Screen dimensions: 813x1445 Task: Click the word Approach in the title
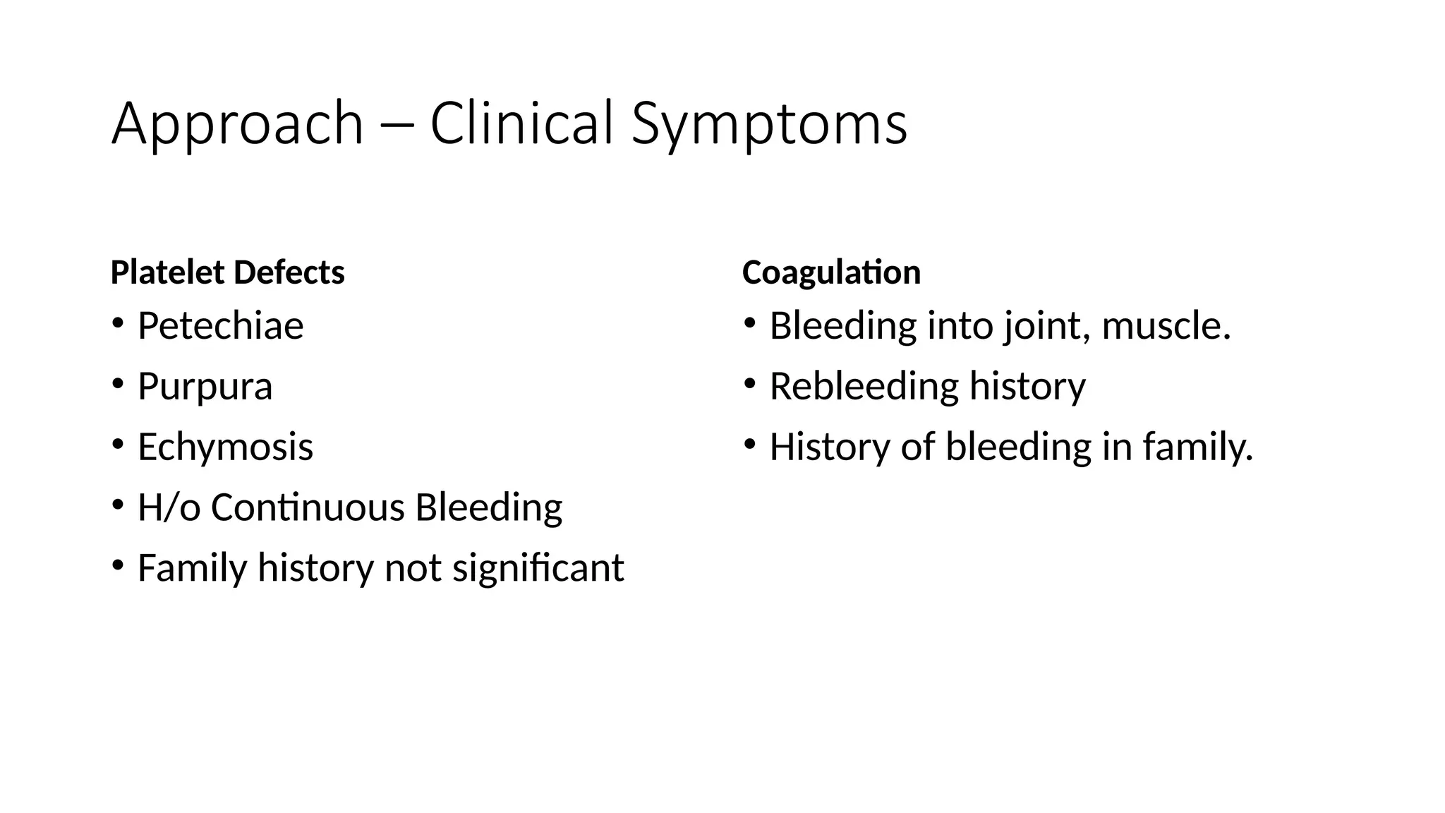tap(237, 124)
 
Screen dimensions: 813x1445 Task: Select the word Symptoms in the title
tap(769, 124)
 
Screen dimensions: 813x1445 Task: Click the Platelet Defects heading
tap(227, 272)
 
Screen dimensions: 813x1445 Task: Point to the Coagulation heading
tap(831, 272)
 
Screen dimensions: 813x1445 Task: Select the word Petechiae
tap(220, 326)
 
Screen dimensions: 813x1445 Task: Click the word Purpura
tap(205, 387)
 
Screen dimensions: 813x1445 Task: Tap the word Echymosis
tap(225, 447)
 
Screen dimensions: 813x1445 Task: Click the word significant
tap(538, 568)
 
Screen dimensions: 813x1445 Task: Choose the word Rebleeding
tap(863, 387)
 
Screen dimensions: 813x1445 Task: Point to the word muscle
tap(1165, 326)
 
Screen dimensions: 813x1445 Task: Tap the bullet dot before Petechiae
tap(117, 324)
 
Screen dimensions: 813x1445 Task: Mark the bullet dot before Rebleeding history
tap(749, 385)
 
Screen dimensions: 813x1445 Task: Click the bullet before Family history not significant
tap(117, 566)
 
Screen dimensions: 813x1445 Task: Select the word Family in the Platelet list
tap(192, 568)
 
